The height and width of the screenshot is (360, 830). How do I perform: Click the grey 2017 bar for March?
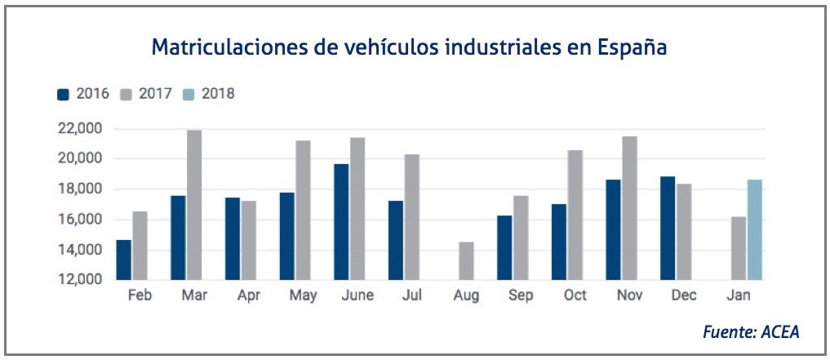coord(193,205)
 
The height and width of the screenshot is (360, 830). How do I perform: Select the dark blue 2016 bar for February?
coord(123,260)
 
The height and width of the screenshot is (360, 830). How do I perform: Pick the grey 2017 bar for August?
coord(465,260)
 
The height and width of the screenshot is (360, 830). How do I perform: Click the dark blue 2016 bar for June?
coord(340,221)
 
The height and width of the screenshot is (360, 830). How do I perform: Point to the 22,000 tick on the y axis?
coord(79,128)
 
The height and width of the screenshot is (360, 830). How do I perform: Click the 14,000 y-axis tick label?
coord(79,250)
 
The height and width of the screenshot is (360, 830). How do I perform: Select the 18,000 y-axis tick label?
coord(79,189)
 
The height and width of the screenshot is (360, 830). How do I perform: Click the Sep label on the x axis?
coord(521,296)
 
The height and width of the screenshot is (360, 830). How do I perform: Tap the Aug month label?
coord(466,296)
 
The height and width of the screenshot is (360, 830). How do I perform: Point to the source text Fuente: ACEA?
coord(750,331)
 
